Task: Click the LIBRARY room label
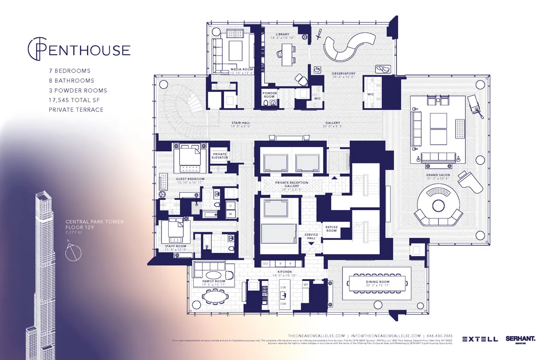coord(282,34)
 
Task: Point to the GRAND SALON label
coord(437,175)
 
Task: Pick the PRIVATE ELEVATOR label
coord(219,156)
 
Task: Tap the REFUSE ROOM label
coord(331,229)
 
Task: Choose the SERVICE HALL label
coord(311,236)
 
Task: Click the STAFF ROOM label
coord(175,246)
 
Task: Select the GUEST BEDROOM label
coord(190,179)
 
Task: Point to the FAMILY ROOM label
coord(214,281)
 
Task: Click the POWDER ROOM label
coord(270,94)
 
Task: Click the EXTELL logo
coord(480,339)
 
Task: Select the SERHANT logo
coord(520,339)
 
